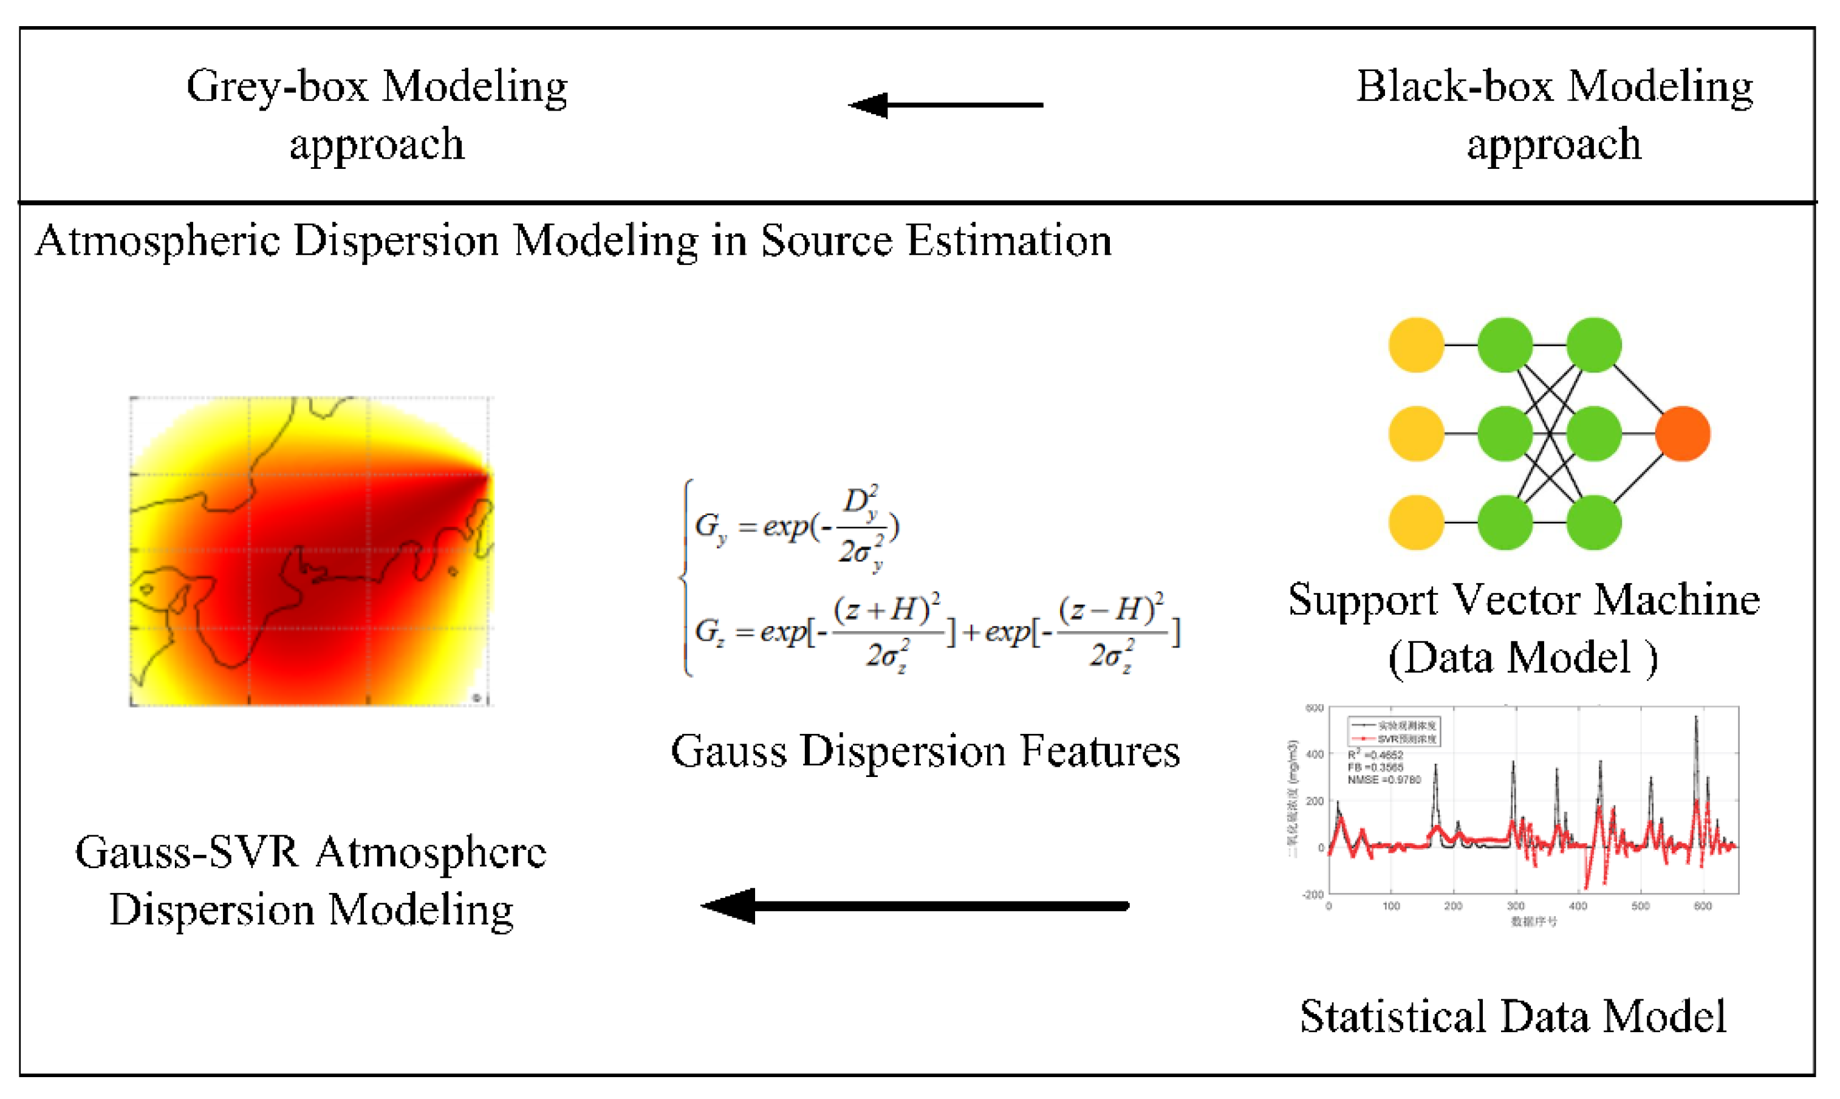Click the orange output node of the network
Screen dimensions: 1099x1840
pos(1682,433)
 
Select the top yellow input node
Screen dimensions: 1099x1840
pos(1416,344)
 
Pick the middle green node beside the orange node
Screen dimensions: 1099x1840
pos(1594,433)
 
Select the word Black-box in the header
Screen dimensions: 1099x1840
pos(1455,87)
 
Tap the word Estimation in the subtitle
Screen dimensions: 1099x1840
pos(1010,241)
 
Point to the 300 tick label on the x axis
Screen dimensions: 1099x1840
pos(1516,906)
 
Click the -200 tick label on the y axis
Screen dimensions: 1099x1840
pos(1313,895)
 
